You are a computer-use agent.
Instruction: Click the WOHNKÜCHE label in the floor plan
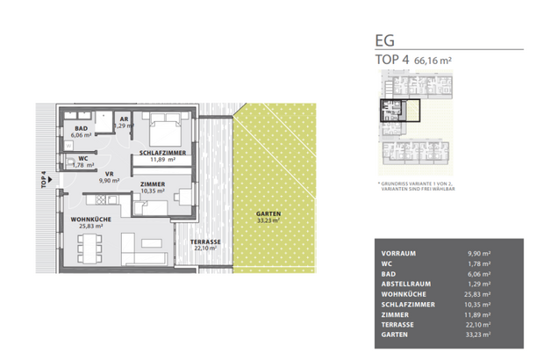(x=81, y=219)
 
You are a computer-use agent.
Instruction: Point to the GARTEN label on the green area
(x=268, y=215)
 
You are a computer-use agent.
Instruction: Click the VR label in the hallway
(x=110, y=174)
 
